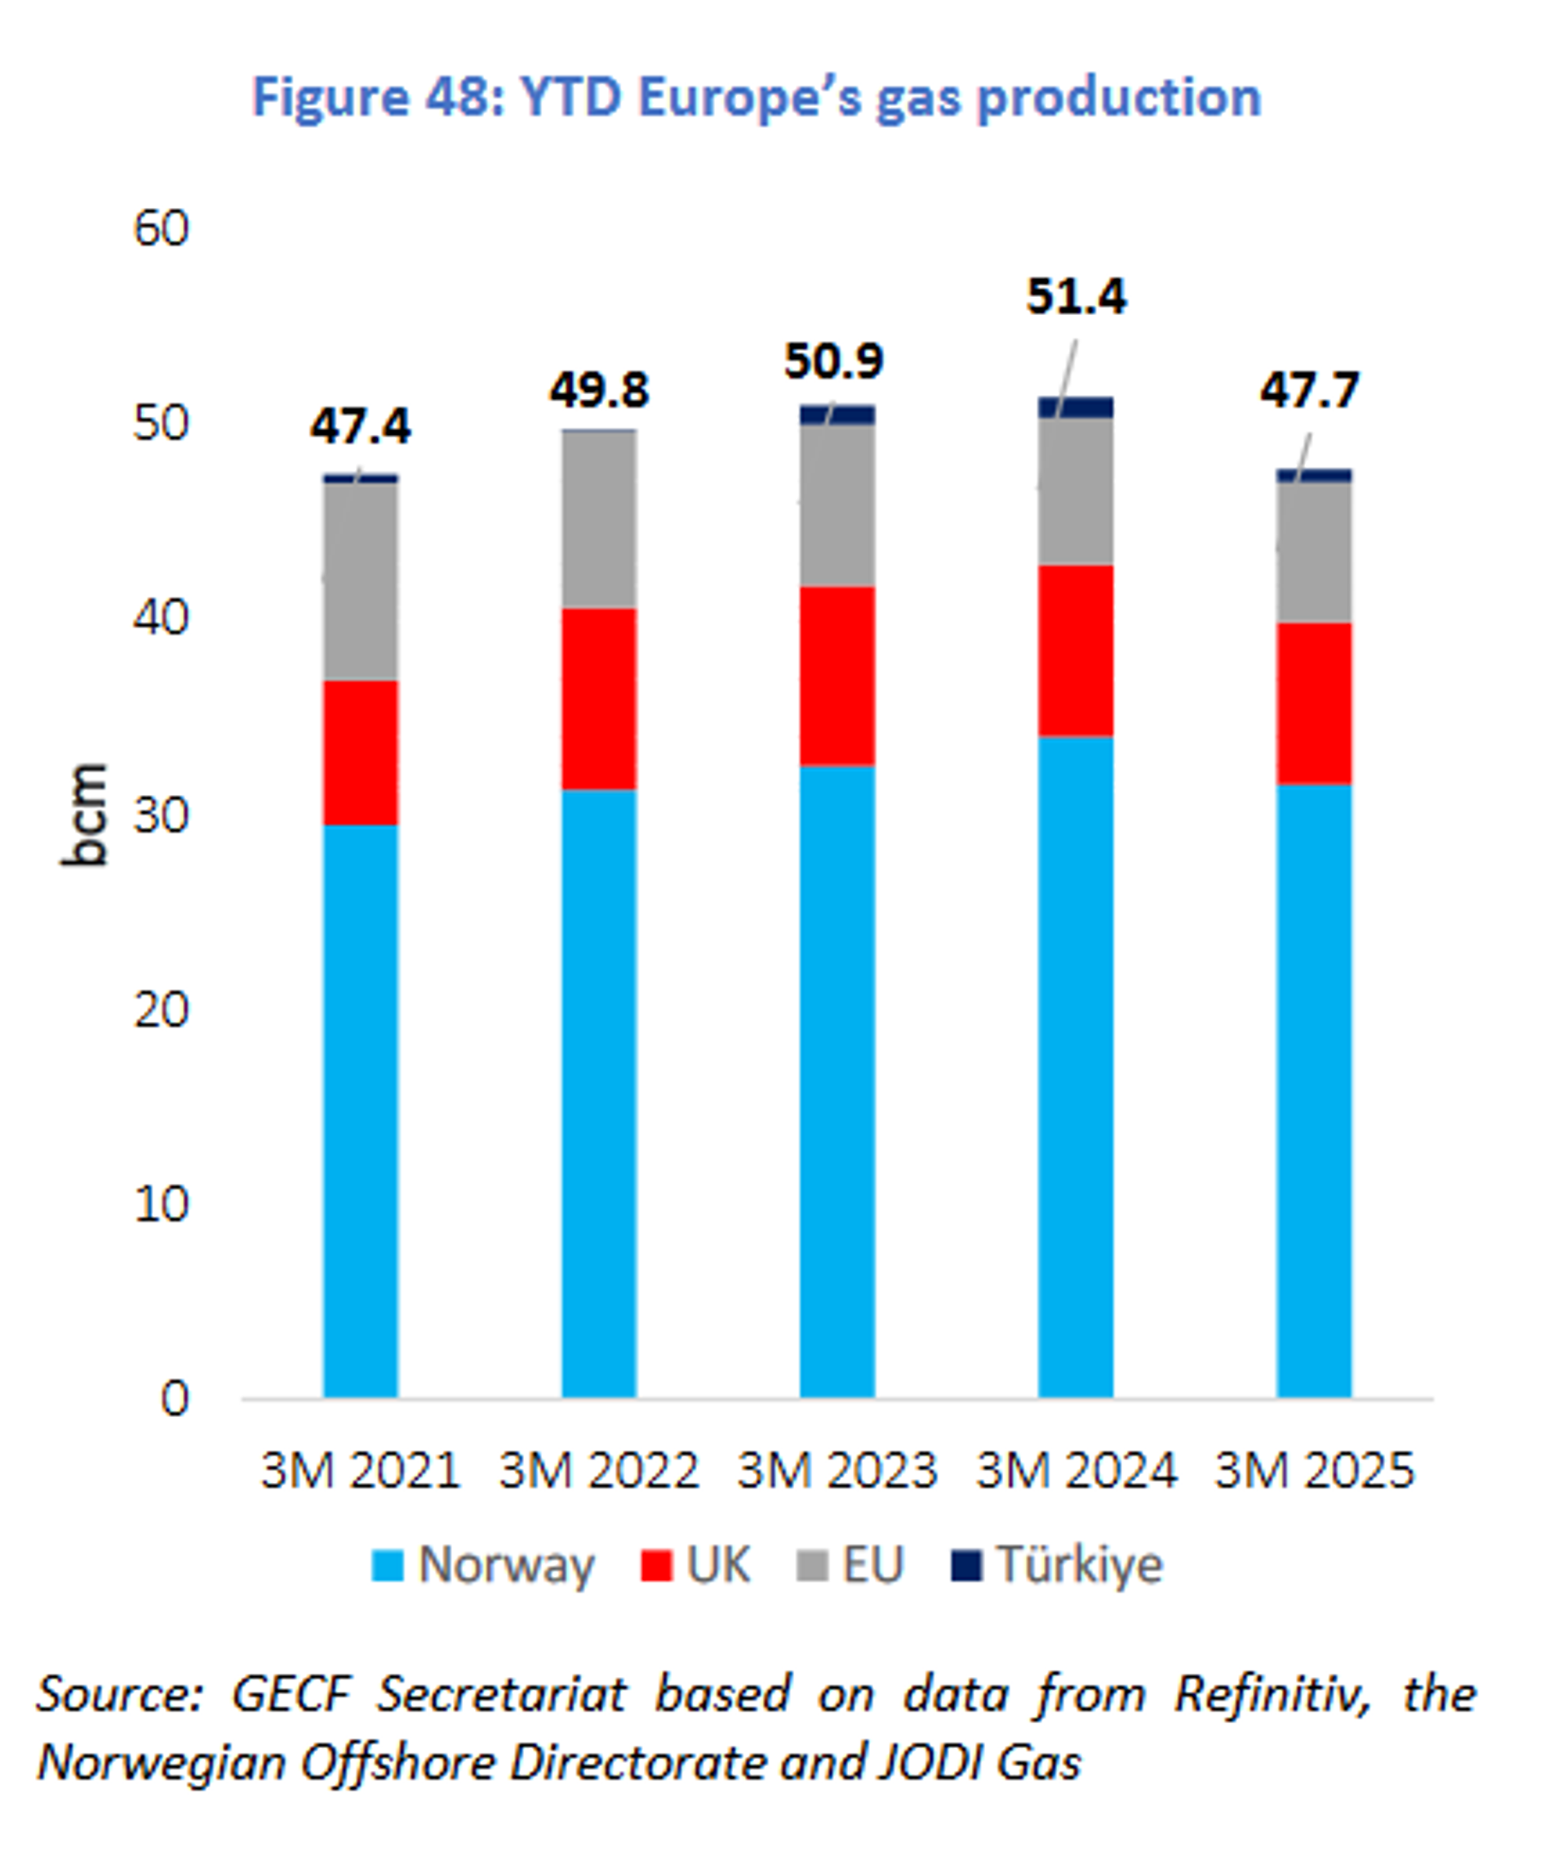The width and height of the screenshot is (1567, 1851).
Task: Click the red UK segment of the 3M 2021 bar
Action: (360, 752)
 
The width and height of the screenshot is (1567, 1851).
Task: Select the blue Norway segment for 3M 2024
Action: (1076, 1066)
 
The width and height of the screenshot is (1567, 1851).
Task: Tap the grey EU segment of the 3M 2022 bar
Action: (599, 520)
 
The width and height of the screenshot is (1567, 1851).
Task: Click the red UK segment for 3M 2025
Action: (1314, 704)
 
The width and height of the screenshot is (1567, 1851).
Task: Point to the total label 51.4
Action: (1076, 296)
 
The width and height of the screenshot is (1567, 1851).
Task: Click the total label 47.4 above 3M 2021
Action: (360, 426)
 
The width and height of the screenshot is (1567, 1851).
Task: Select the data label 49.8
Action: (599, 390)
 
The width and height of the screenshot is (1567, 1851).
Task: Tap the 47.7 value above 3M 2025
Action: (1309, 390)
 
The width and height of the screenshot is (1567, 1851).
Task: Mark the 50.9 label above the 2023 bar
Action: (833, 362)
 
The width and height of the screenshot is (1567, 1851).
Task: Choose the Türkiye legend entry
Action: (1057, 1564)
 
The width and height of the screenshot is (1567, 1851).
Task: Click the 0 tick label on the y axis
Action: (174, 1398)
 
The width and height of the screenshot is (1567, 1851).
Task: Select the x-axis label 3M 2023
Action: (837, 1470)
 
